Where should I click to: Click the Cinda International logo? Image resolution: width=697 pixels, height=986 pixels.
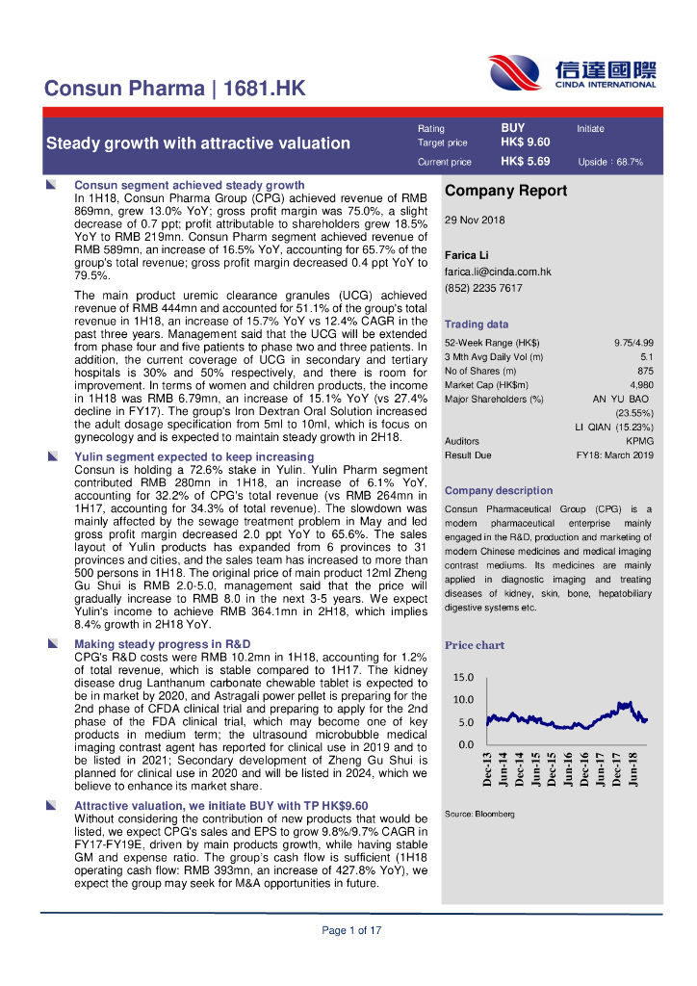click(572, 73)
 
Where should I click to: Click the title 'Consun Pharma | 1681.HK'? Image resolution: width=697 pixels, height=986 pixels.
click(175, 90)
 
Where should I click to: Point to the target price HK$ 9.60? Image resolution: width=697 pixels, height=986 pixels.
click(525, 143)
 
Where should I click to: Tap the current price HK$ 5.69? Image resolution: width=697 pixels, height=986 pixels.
click(525, 162)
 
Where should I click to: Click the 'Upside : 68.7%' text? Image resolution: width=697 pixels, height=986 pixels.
click(610, 163)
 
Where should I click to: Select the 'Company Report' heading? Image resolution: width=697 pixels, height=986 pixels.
click(505, 191)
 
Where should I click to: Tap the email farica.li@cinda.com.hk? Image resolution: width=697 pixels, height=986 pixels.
click(498, 272)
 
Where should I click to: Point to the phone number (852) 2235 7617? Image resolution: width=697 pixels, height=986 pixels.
click(483, 288)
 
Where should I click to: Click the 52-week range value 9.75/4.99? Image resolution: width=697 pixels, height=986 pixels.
click(633, 343)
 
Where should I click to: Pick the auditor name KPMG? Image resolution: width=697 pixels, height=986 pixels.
click(640, 441)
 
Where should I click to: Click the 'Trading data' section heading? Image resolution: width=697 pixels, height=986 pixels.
click(477, 324)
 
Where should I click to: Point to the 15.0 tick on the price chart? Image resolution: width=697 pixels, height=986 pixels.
click(463, 678)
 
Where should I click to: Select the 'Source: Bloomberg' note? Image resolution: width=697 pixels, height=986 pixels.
click(479, 815)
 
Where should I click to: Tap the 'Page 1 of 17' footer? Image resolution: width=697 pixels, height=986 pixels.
click(351, 930)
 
